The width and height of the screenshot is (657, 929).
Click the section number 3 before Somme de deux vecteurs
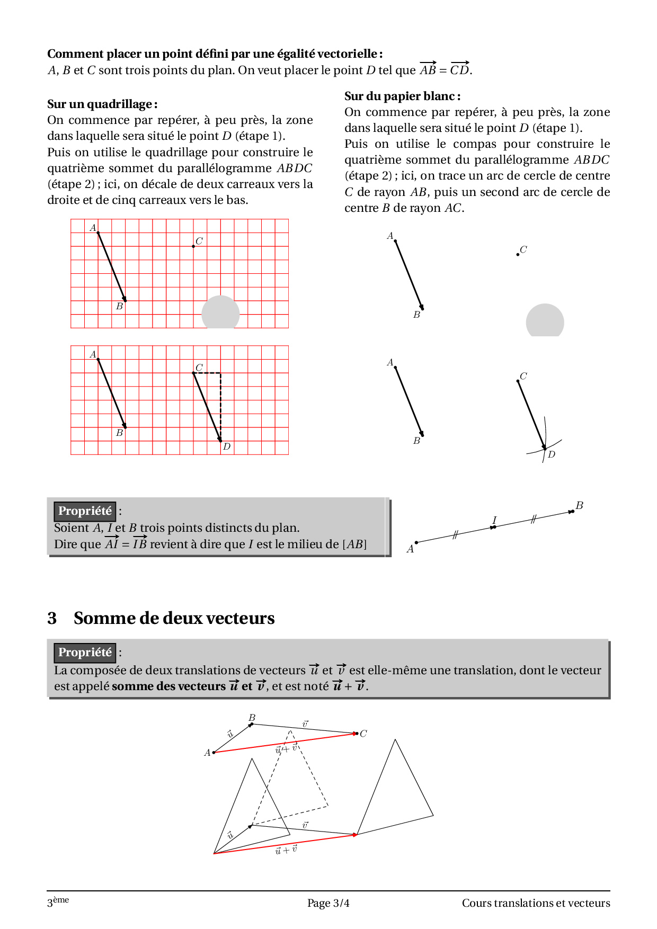coord(52,618)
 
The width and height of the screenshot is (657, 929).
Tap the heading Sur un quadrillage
coord(102,104)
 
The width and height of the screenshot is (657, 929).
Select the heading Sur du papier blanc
coord(402,96)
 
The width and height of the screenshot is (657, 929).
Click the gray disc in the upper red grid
coord(220,313)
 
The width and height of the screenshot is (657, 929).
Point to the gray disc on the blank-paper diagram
coord(545,321)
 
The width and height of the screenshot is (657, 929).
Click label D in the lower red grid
coord(227,446)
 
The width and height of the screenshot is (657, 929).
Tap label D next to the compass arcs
coord(552,454)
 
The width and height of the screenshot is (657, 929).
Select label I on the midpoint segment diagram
coord(494,520)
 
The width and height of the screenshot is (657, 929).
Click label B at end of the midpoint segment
coord(579,505)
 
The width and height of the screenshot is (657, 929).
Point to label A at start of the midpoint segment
coord(410,549)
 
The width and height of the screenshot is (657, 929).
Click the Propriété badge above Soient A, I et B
coord(85,511)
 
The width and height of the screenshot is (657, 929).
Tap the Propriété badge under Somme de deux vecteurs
coord(85,653)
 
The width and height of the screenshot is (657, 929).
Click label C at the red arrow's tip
coord(363,734)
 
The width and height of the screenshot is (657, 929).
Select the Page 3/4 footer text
coord(328,903)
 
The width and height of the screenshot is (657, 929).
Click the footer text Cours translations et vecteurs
coord(536,903)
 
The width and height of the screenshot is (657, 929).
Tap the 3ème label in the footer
coord(58,901)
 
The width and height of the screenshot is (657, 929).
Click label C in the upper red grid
coord(199,241)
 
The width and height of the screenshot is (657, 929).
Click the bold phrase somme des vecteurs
coord(168,686)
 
